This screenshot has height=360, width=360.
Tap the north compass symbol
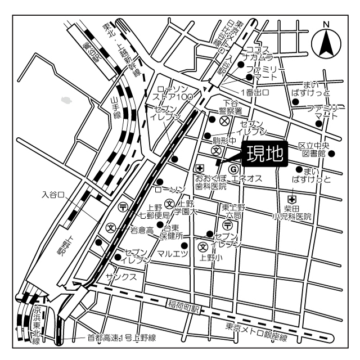point(325,40)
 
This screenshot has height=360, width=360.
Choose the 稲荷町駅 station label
point(183,306)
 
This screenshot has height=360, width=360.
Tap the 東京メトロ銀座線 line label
point(256,333)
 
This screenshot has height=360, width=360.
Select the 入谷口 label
point(54,195)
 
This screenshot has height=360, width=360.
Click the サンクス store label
point(121,277)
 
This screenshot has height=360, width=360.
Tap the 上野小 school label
point(211,259)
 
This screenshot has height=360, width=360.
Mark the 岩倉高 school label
point(142,230)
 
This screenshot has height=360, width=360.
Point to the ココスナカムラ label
point(258,53)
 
